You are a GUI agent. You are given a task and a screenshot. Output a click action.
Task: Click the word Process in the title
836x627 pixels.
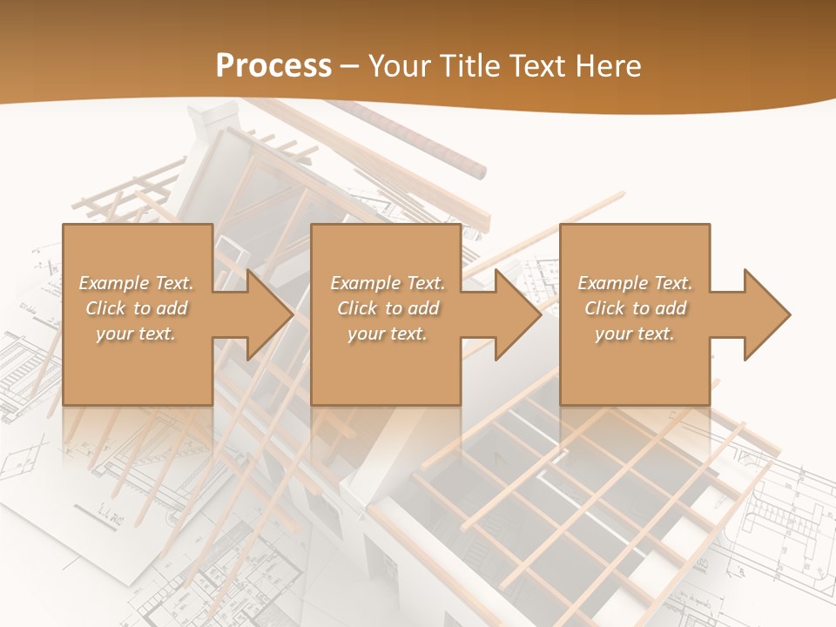(x=273, y=65)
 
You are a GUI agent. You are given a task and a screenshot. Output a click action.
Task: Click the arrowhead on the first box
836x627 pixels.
(x=268, y=314)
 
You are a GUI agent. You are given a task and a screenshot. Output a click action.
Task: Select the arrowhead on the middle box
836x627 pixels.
(x=516, y=314)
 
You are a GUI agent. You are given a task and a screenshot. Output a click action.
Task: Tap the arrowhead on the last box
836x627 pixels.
(x=765, y=314)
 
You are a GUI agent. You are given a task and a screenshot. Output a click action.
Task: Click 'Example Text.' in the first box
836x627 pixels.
(x=136, y=283)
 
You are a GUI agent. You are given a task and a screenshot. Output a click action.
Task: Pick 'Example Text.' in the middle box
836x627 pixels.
(x=388, y=283)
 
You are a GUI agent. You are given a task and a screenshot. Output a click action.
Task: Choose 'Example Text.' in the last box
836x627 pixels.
(x=635, y=283)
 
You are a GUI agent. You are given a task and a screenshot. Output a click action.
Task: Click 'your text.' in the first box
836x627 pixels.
(x=136, y=334)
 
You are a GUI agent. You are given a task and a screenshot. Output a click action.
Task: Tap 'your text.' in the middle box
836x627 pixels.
(x=388, y=334)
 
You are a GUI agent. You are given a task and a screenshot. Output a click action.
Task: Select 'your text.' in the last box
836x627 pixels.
(x=635, y=334)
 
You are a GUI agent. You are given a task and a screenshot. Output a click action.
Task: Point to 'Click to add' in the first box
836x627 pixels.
(x=136, y=308)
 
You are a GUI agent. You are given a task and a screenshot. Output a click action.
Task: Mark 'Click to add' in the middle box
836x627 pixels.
(x=388, y=308)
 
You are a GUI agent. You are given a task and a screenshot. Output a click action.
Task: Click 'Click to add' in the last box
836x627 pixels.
(x=635, y=308)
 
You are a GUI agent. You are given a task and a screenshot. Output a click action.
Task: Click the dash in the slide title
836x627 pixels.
(x=350, y=66)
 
